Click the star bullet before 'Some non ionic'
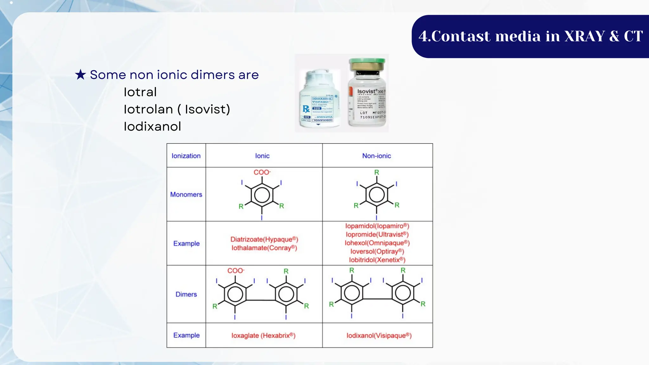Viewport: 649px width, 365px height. point(80,75)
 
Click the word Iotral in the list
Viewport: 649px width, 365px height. point(140,92)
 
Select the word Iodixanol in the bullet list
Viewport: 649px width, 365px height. point(152,126)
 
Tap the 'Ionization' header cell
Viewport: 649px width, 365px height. point(186,156)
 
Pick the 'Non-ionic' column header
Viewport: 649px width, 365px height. point(376,156)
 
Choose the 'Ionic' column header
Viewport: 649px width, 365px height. point(262,156)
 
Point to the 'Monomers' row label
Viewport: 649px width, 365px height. point(186,195)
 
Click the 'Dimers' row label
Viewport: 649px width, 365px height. point(186,294)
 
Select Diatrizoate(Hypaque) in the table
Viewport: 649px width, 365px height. point(264,239)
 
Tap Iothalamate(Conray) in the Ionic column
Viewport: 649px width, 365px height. point(264,248)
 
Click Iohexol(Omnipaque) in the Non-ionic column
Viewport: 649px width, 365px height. point(377,243)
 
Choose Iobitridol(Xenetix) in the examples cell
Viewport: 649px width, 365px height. point(377,260)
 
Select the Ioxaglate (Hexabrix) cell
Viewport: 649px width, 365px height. point(263,336)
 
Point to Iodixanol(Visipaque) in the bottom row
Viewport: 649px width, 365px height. point(379,336)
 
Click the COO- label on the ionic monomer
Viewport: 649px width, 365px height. point(262,172)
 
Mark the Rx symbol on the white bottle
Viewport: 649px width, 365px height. point(306,109)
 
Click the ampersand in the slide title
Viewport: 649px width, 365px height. point(614,36)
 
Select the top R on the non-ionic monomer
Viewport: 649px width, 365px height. point(376,172)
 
